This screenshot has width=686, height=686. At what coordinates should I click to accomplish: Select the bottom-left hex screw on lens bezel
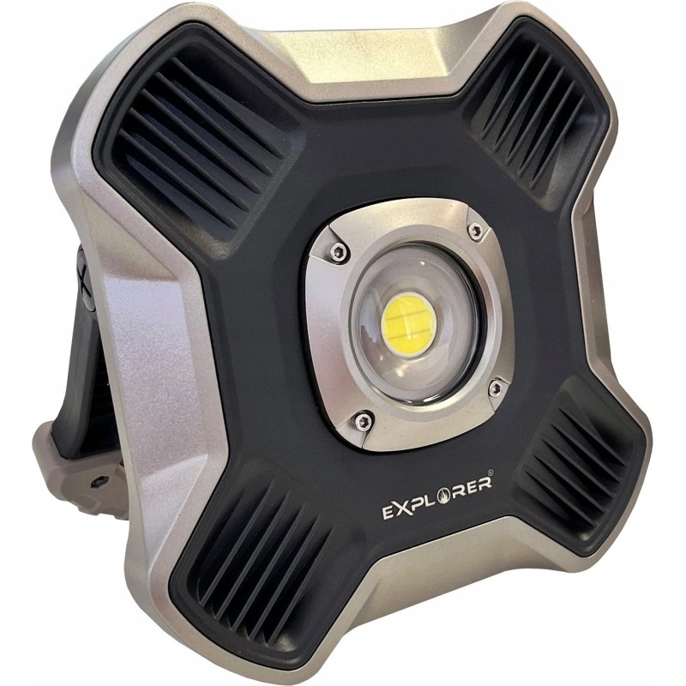point(362,422)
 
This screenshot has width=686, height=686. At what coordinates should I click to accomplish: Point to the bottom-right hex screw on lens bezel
point(496,388)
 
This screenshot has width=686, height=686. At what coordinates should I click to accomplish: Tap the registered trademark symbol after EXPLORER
point(490,472)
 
